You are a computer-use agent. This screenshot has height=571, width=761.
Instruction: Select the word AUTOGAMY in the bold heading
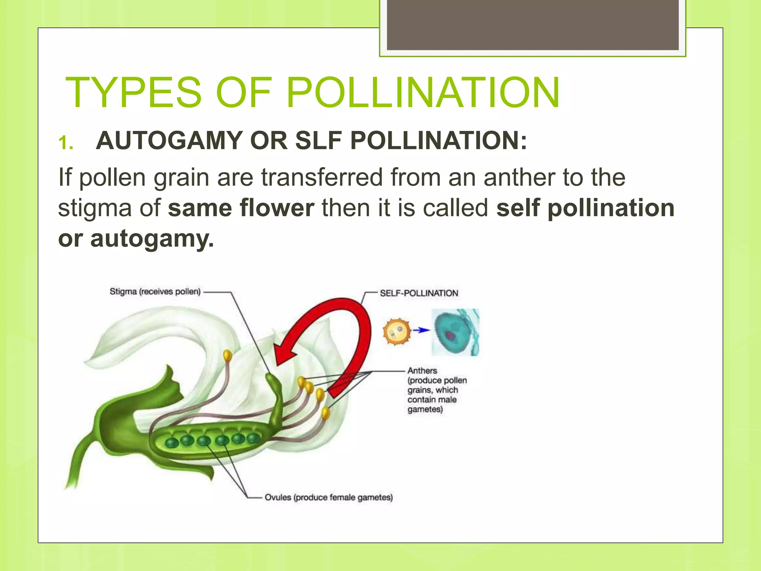169,141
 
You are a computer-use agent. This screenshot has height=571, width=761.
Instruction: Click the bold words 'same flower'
241,208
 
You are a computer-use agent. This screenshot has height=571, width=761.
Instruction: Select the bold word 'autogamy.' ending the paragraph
152,239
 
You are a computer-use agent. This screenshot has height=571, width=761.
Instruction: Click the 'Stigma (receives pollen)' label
155,292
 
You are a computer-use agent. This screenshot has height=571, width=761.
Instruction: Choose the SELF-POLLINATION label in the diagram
419,293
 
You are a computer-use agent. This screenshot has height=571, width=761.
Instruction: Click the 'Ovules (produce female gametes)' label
328,497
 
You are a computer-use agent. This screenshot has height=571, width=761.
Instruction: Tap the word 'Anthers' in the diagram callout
422,371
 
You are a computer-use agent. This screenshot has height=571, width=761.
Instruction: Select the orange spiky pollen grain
397,331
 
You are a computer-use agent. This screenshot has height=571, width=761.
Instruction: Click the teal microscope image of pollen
456,332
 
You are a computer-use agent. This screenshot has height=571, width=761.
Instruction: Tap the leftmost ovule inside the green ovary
172,443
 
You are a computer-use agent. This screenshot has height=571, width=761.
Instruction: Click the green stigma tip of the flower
271,380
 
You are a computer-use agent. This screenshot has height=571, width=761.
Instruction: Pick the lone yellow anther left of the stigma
227,355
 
